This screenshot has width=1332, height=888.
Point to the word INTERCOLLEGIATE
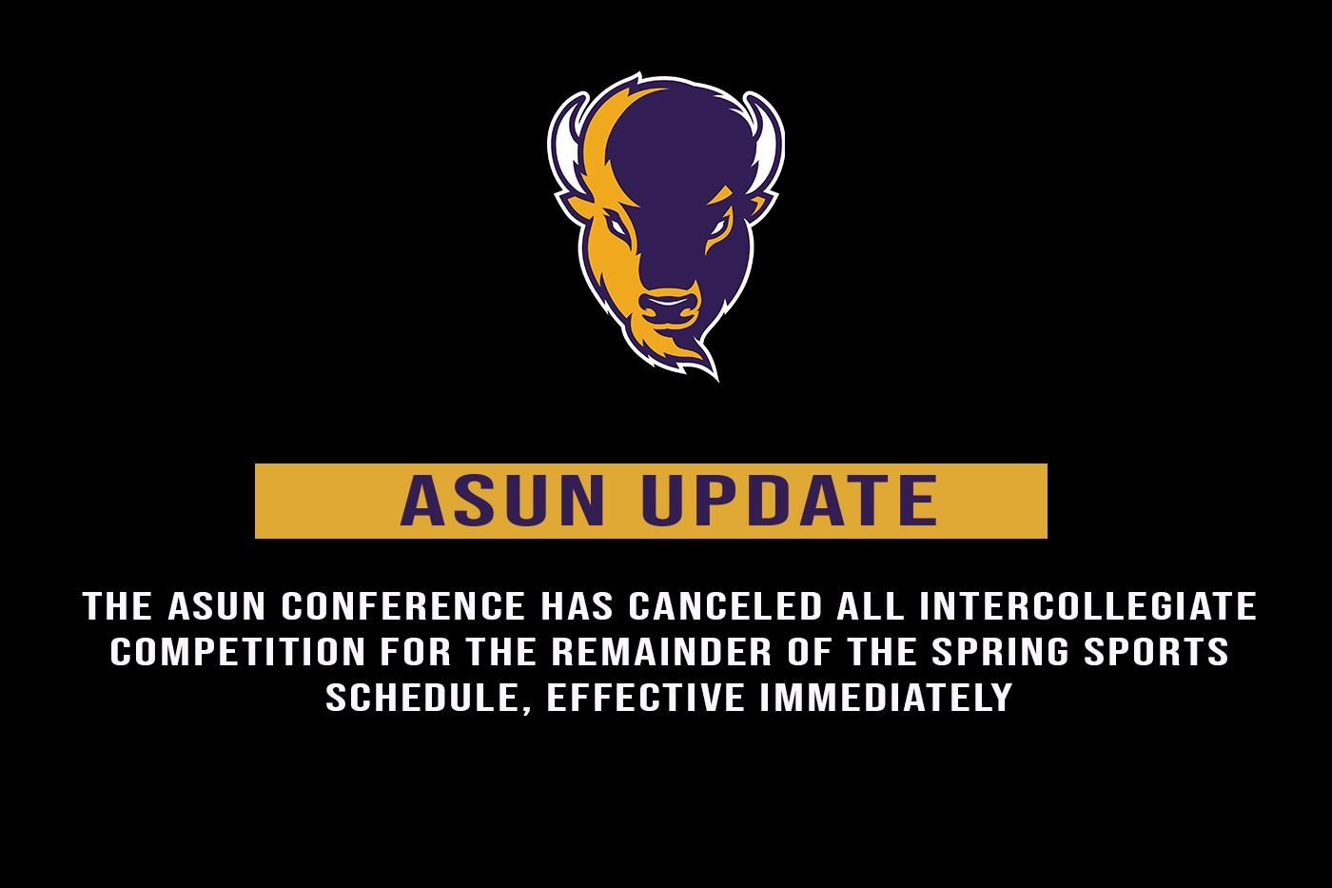[x=1088, y=606]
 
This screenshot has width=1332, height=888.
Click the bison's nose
[x=669, y=306]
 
